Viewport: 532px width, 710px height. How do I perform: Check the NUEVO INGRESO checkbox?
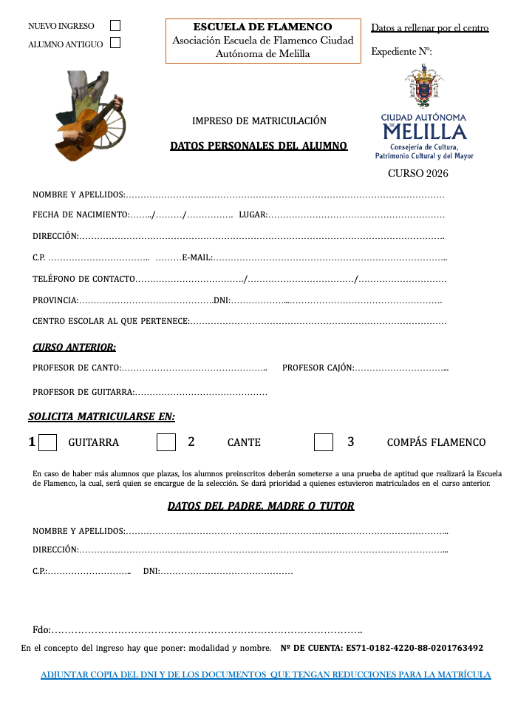pos(115,25)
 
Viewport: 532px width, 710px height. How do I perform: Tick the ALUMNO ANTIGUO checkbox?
pos(115,43)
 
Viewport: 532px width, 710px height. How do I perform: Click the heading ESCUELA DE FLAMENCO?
pos(262,27)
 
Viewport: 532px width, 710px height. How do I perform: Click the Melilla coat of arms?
pos(423,87)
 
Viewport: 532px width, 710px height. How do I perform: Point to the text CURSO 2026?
pos(418,174)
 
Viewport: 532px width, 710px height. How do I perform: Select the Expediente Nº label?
pos(401,51)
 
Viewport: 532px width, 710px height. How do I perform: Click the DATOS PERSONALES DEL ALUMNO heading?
pos(259,146)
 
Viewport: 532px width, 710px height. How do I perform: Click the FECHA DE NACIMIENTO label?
pos(81,214)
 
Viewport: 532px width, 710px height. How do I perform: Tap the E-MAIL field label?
pos(197,257)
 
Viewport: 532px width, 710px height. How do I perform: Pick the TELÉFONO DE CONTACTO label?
pos(83,279)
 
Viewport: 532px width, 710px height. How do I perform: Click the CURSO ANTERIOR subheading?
pos(74,347)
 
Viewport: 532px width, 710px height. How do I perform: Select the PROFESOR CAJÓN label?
pos(318,368)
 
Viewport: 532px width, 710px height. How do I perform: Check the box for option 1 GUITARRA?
pos(47,442)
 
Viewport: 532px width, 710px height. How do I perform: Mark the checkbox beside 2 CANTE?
pos(166,442)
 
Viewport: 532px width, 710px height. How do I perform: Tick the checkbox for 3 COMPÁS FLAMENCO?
pos(323,442)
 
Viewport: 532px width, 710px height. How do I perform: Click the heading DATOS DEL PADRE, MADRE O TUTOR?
pos(261,506)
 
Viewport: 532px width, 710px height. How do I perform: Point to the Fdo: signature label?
pos(41,629)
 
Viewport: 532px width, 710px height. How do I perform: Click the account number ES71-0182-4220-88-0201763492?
pos(415,648)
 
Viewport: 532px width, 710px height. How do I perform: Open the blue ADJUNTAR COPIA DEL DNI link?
pos(265,674)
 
